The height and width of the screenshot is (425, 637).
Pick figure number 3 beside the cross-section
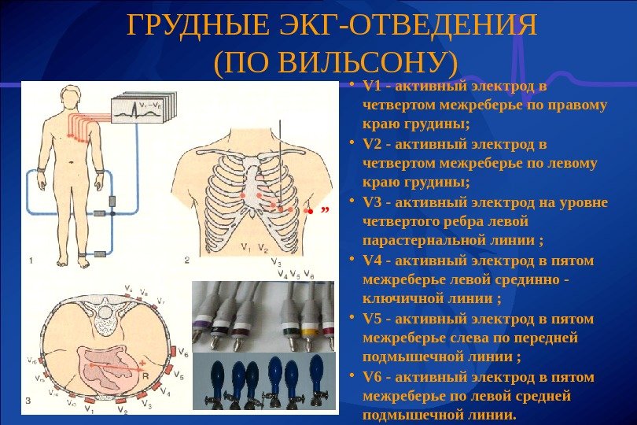point(28,401)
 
